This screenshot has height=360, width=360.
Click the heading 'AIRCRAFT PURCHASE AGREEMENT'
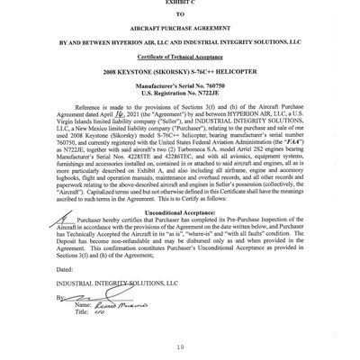[x=180, y=26]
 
